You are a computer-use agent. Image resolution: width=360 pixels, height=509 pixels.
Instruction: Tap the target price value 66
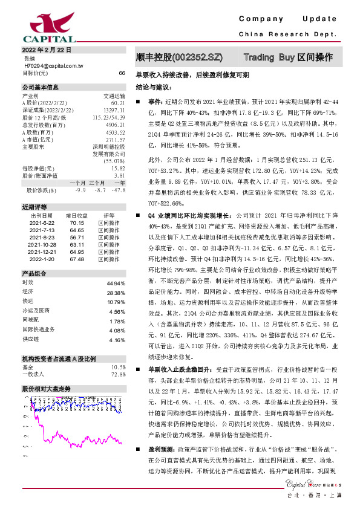click(x=122, y=73)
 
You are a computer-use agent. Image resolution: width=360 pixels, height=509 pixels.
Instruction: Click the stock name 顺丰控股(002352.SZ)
click(x=179, y=57)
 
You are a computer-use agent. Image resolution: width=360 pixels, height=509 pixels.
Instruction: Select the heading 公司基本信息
click(x=41, y=88)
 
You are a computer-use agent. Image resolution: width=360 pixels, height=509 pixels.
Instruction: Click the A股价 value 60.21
click(x=117, y=103)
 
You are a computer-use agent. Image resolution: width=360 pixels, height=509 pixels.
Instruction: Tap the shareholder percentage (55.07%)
click(x=114, y=161)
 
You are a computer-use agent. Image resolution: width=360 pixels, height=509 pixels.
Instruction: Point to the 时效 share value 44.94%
click(x=115, y=283)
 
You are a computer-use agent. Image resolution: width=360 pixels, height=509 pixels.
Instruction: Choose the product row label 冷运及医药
click(x=36, y=311)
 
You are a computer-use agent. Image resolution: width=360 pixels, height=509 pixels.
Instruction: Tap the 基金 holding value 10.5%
click(x=118, y=367)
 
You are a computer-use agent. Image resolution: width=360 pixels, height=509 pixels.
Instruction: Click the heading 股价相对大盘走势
click(x=47, y=388)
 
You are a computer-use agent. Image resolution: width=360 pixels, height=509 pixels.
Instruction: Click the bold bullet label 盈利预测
click(x=160, y=450)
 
